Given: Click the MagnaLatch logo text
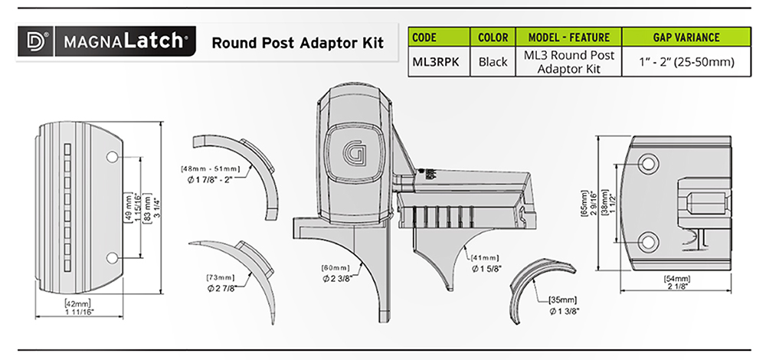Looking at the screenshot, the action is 124,41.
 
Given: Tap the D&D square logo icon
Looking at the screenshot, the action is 35,41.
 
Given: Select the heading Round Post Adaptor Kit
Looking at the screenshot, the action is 297,42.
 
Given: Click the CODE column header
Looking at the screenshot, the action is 424,37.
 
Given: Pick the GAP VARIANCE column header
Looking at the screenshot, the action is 686,37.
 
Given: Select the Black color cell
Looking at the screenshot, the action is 493,62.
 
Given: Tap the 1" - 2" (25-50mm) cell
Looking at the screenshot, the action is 687,63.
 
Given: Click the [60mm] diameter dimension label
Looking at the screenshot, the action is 336,267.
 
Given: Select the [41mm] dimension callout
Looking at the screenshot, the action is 485,257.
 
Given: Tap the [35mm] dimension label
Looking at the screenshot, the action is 563,299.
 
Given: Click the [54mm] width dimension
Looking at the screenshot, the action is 676,279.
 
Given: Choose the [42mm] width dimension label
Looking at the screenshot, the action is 77,303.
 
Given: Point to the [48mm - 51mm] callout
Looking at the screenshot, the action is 210,169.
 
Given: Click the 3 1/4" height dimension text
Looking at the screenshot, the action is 157,206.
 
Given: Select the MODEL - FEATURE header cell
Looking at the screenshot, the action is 569,37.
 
